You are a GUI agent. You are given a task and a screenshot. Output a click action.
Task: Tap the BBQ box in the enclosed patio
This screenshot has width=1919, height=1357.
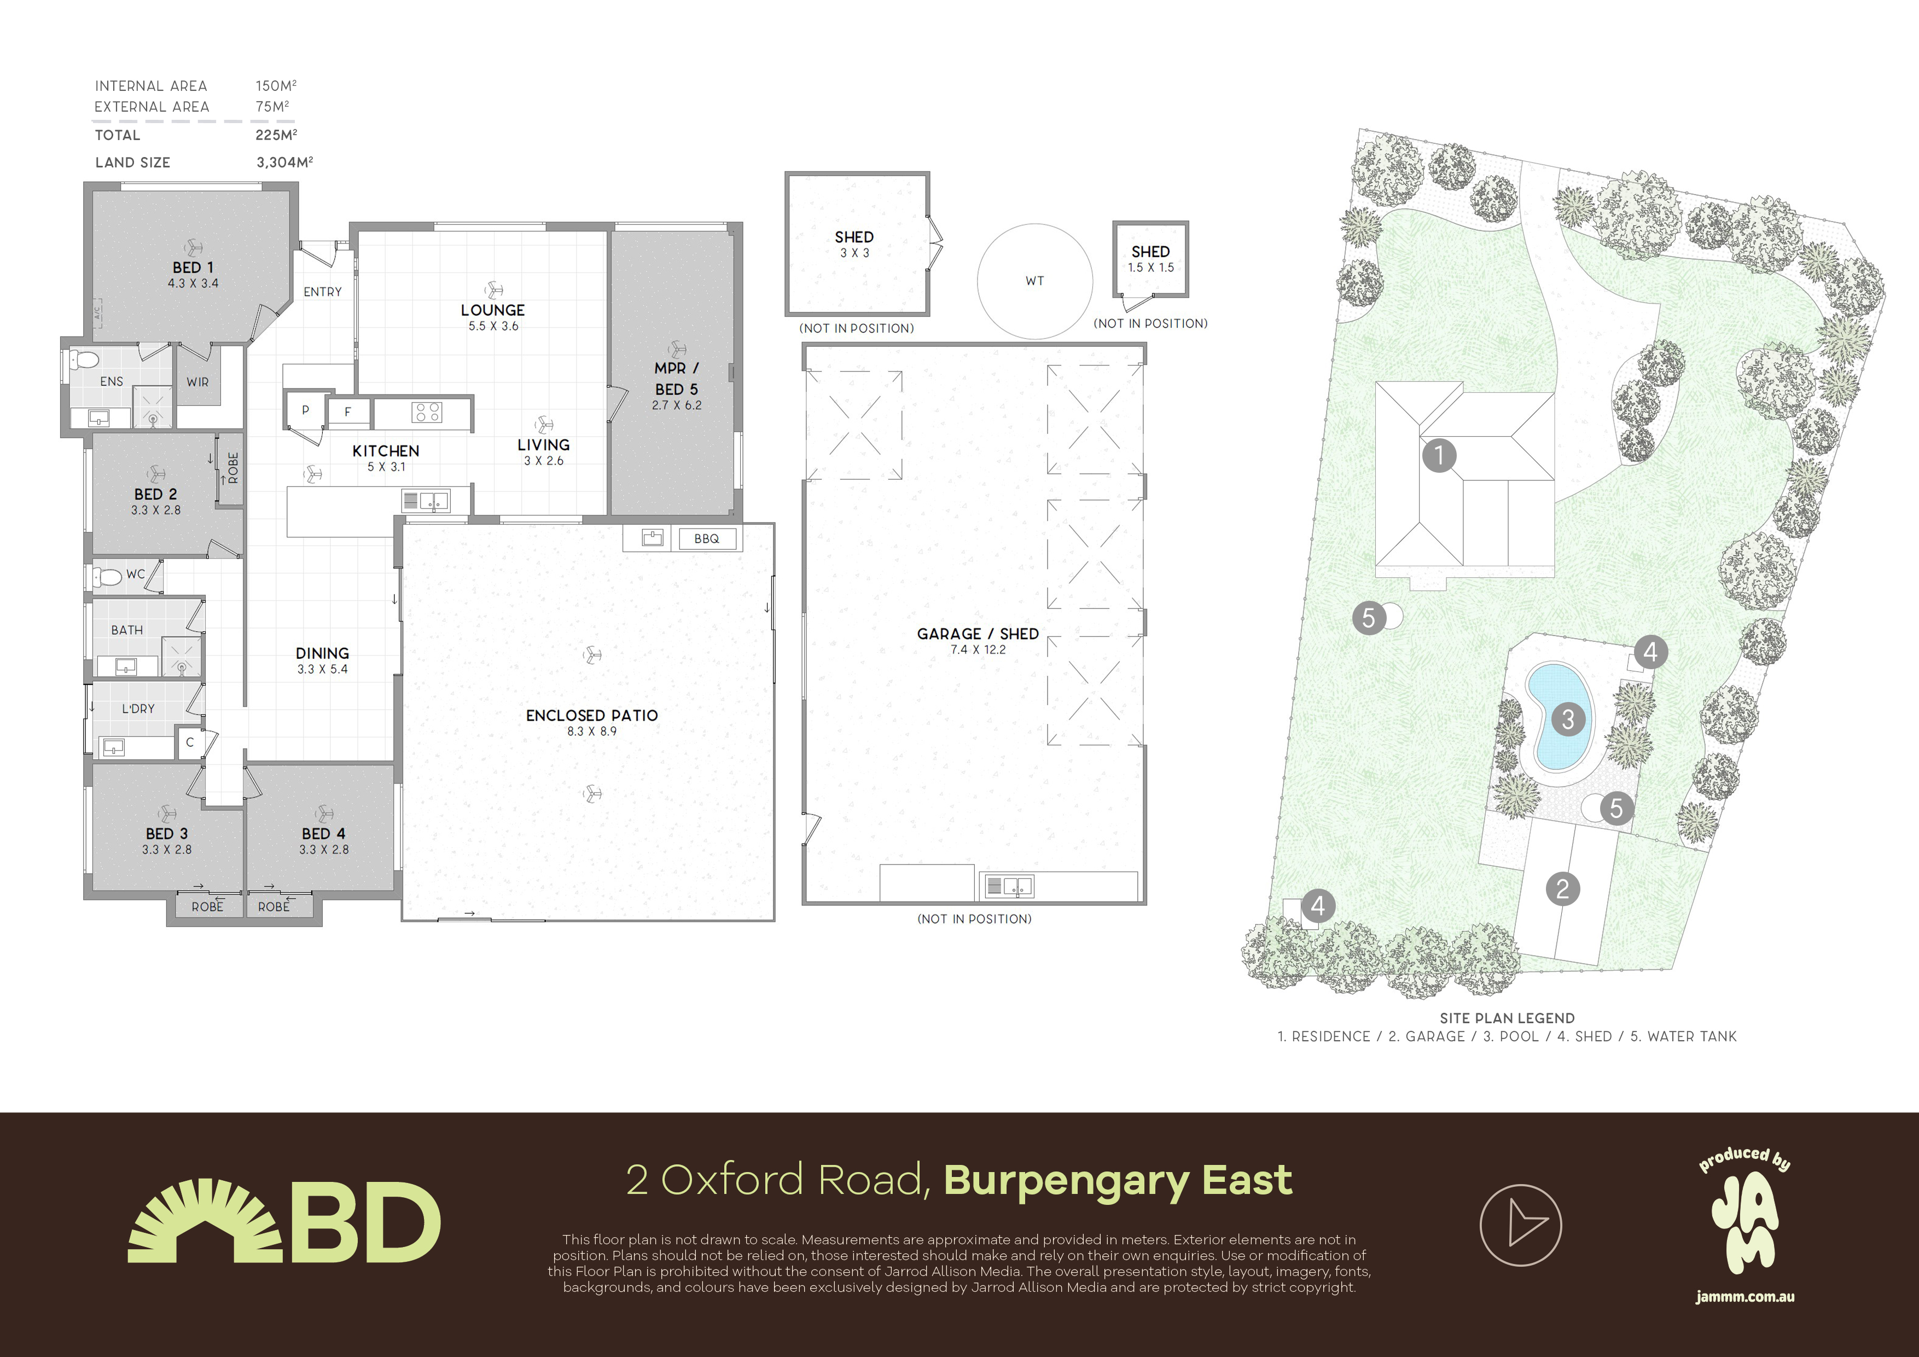coord(706,538)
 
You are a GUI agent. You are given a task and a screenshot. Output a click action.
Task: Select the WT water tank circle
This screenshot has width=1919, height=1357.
coord(1035,281)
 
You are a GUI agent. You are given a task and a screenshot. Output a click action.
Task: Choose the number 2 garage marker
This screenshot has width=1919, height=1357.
coord(1563,889)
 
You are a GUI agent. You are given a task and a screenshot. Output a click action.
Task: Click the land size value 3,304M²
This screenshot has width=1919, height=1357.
coord(284,162)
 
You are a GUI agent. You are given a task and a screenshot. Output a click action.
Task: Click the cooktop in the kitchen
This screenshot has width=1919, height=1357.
coord(427,412)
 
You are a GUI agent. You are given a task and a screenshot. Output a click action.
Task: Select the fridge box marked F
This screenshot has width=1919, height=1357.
coord(348,411)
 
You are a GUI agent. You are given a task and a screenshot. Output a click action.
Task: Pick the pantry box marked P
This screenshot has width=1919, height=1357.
coord(305,410)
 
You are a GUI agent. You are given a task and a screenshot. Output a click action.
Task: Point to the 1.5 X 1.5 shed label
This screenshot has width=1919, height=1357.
coord(1150,268)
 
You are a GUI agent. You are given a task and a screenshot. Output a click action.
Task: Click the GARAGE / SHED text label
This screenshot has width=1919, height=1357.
coord(977,634)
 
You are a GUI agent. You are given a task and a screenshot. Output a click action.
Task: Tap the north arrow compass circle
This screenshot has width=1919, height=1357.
coord(1520,1225)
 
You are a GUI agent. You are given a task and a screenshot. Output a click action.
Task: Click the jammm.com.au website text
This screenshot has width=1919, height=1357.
coord(1745,1297)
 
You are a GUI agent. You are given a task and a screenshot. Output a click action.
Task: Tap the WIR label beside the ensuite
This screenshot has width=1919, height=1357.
coord(198,382)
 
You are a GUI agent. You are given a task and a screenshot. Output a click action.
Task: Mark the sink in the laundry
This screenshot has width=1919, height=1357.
coord(113,747)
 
